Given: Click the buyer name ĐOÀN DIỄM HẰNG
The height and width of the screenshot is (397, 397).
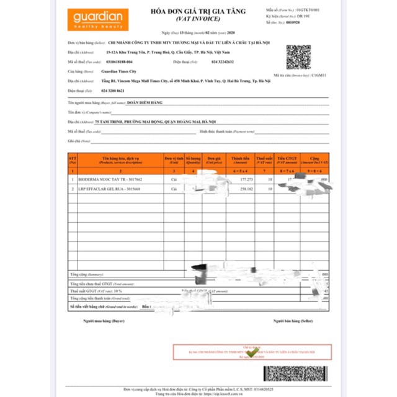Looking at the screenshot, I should point(149,103).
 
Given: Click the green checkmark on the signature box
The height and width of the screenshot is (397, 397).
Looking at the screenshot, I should point(252,352).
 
